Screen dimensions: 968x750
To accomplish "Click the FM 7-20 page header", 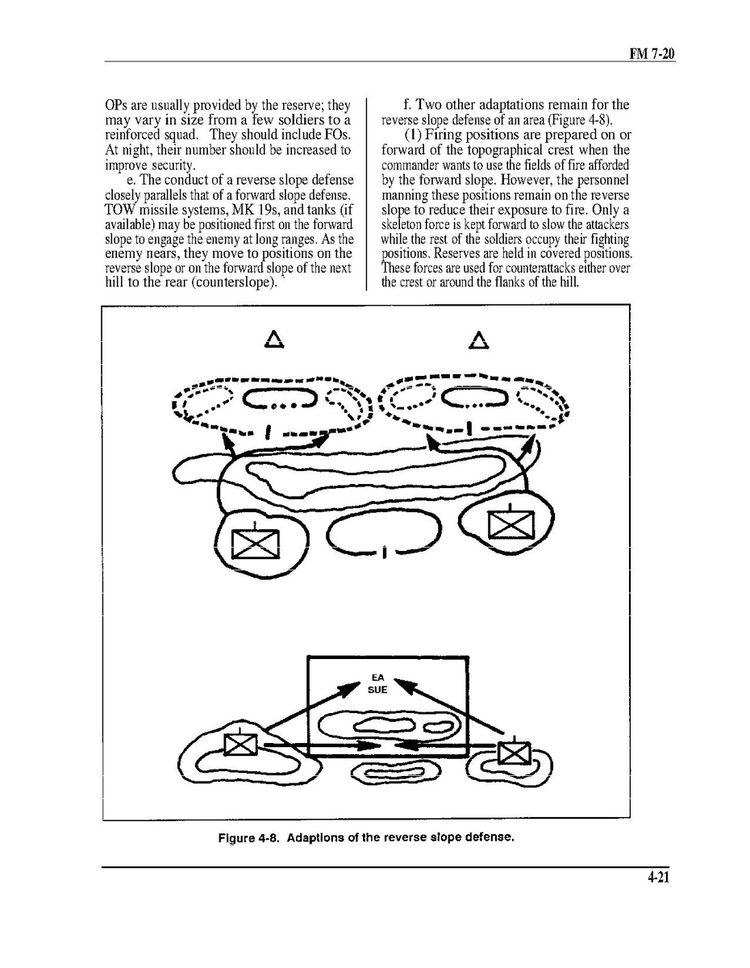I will (x=652, y=54).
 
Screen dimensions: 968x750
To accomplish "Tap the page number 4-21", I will (x=658, y=878).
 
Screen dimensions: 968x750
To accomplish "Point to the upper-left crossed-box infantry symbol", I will (x=255, y=543).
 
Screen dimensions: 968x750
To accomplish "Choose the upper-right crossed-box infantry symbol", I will (x=506, y=524).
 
